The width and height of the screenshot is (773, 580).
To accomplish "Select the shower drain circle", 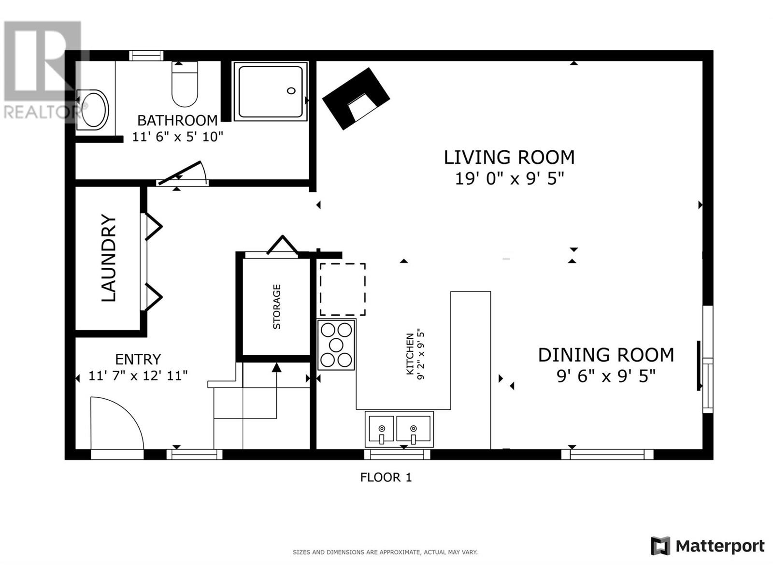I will click(x=291, y=91).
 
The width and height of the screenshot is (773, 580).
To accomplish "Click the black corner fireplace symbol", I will click(x=356, y=99).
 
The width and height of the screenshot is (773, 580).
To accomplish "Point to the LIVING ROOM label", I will click(x=509, y=158).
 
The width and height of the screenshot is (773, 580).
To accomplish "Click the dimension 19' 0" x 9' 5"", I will click(x=509, y=179).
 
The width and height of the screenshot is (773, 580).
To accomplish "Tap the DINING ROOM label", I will click(x=606, y=355).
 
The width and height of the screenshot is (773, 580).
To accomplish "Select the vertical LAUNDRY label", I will click(x=109, y=258).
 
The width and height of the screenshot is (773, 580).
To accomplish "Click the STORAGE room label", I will click(x=277, y=307).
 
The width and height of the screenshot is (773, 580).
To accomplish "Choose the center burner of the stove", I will click(x=336, y=345).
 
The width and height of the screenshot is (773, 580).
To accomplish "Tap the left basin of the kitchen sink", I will click(x=381, y=428).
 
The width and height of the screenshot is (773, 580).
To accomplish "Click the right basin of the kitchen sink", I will click(x=413, y=428).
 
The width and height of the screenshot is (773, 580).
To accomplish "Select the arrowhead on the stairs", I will click(x=276, y=367).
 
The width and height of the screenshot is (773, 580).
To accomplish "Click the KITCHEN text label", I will click(x=410, y=354).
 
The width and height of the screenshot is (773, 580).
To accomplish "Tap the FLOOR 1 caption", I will click(x=386, y=478).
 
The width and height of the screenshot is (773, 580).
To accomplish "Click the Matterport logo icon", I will click(x=660, y=546).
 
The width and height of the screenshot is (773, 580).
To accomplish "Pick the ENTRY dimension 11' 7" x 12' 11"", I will click(x=138, y=376).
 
